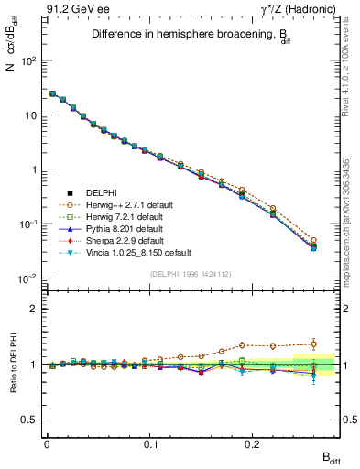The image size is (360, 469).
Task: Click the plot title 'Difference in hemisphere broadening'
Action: click(x=191, y=35)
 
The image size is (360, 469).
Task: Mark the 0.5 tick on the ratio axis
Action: click(x=29, y=420)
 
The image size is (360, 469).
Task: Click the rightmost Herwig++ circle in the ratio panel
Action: click(x=314, y=344)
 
